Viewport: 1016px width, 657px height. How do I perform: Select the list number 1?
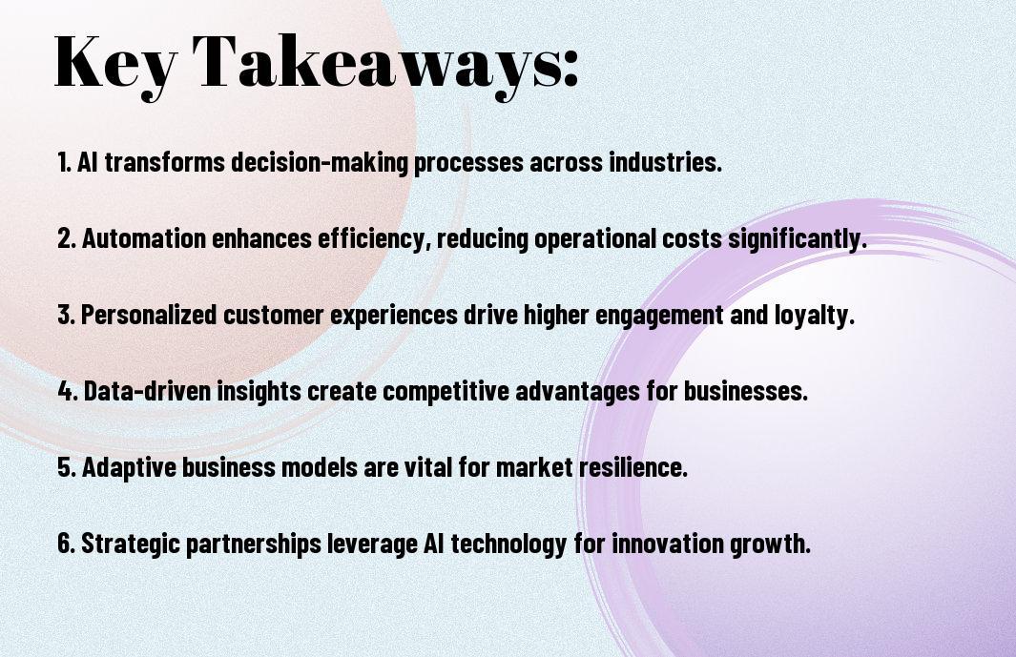click(64, 162)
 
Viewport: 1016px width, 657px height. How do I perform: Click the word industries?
click(665, 162)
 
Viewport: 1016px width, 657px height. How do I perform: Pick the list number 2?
click(67, 238)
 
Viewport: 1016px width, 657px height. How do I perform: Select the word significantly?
click(797, 239)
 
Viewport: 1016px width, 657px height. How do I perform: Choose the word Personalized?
click(149, 315)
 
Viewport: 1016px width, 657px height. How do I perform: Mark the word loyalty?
click(815, 316)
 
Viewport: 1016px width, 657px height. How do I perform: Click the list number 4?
click(68, 391)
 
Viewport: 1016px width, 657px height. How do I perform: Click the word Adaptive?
click(129, 467)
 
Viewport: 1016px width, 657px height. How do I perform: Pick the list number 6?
click(66, 544)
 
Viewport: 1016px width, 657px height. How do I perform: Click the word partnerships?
click(254, 544)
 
